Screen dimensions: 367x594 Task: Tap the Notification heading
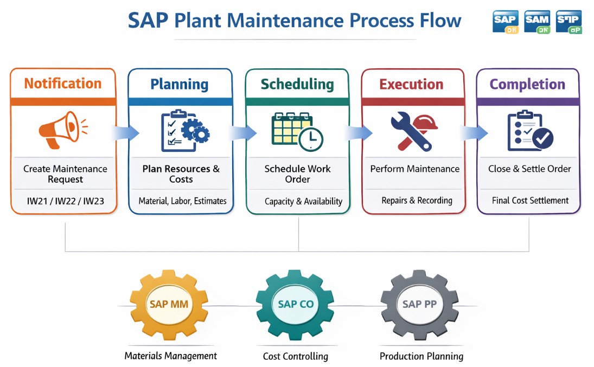pyautogui.click(x=63, y=83)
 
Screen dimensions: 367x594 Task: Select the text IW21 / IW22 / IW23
pyautogui.click(x=65, y=201)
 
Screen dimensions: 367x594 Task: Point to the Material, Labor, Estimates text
pyautogui.click(x=182, y=201)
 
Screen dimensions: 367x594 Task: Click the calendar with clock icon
pyautogui.click(x=297, y=131)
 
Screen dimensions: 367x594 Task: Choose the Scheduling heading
pyautogui.click(x=297, y=84)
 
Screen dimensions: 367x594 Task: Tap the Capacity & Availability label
pyautogui.click(x=303, y=202)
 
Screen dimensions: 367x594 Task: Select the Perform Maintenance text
pyautogui.click(x=414, y=169)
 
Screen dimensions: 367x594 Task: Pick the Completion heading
pyautogui.click(x=527, y=84)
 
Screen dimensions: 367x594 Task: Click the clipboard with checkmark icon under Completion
pyautogui.click(x=529, y=131)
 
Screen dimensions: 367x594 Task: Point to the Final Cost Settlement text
pyautogui.click(x=530, y=201)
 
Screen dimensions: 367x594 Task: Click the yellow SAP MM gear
pyautogui.click(x=169, y=304)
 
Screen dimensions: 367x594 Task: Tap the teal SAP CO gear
pyautogui.click(x=295, y=304)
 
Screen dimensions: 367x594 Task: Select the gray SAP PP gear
pyautogui.click(x=419, y=304)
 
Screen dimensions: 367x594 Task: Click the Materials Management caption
pyautogui.click(x=170, y=356)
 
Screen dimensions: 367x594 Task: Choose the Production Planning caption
pyautogui.click(x=421, y=357)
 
